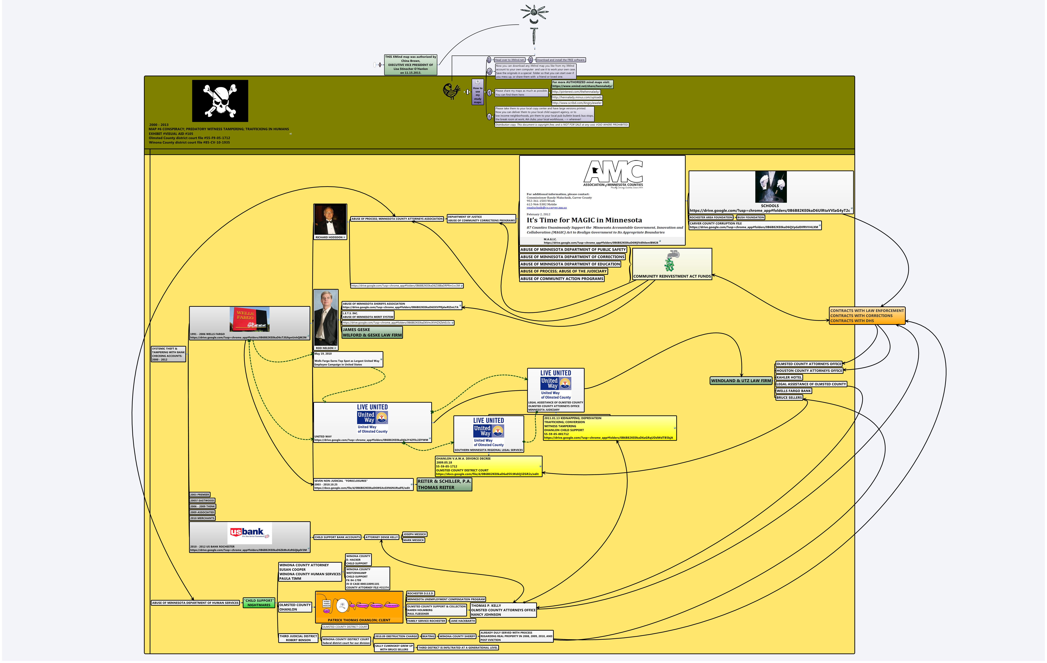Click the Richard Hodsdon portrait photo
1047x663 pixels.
click(x=330, y=220)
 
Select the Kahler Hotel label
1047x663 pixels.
click(x=789, y=378)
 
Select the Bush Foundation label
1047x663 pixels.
click(x=750, y=218)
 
